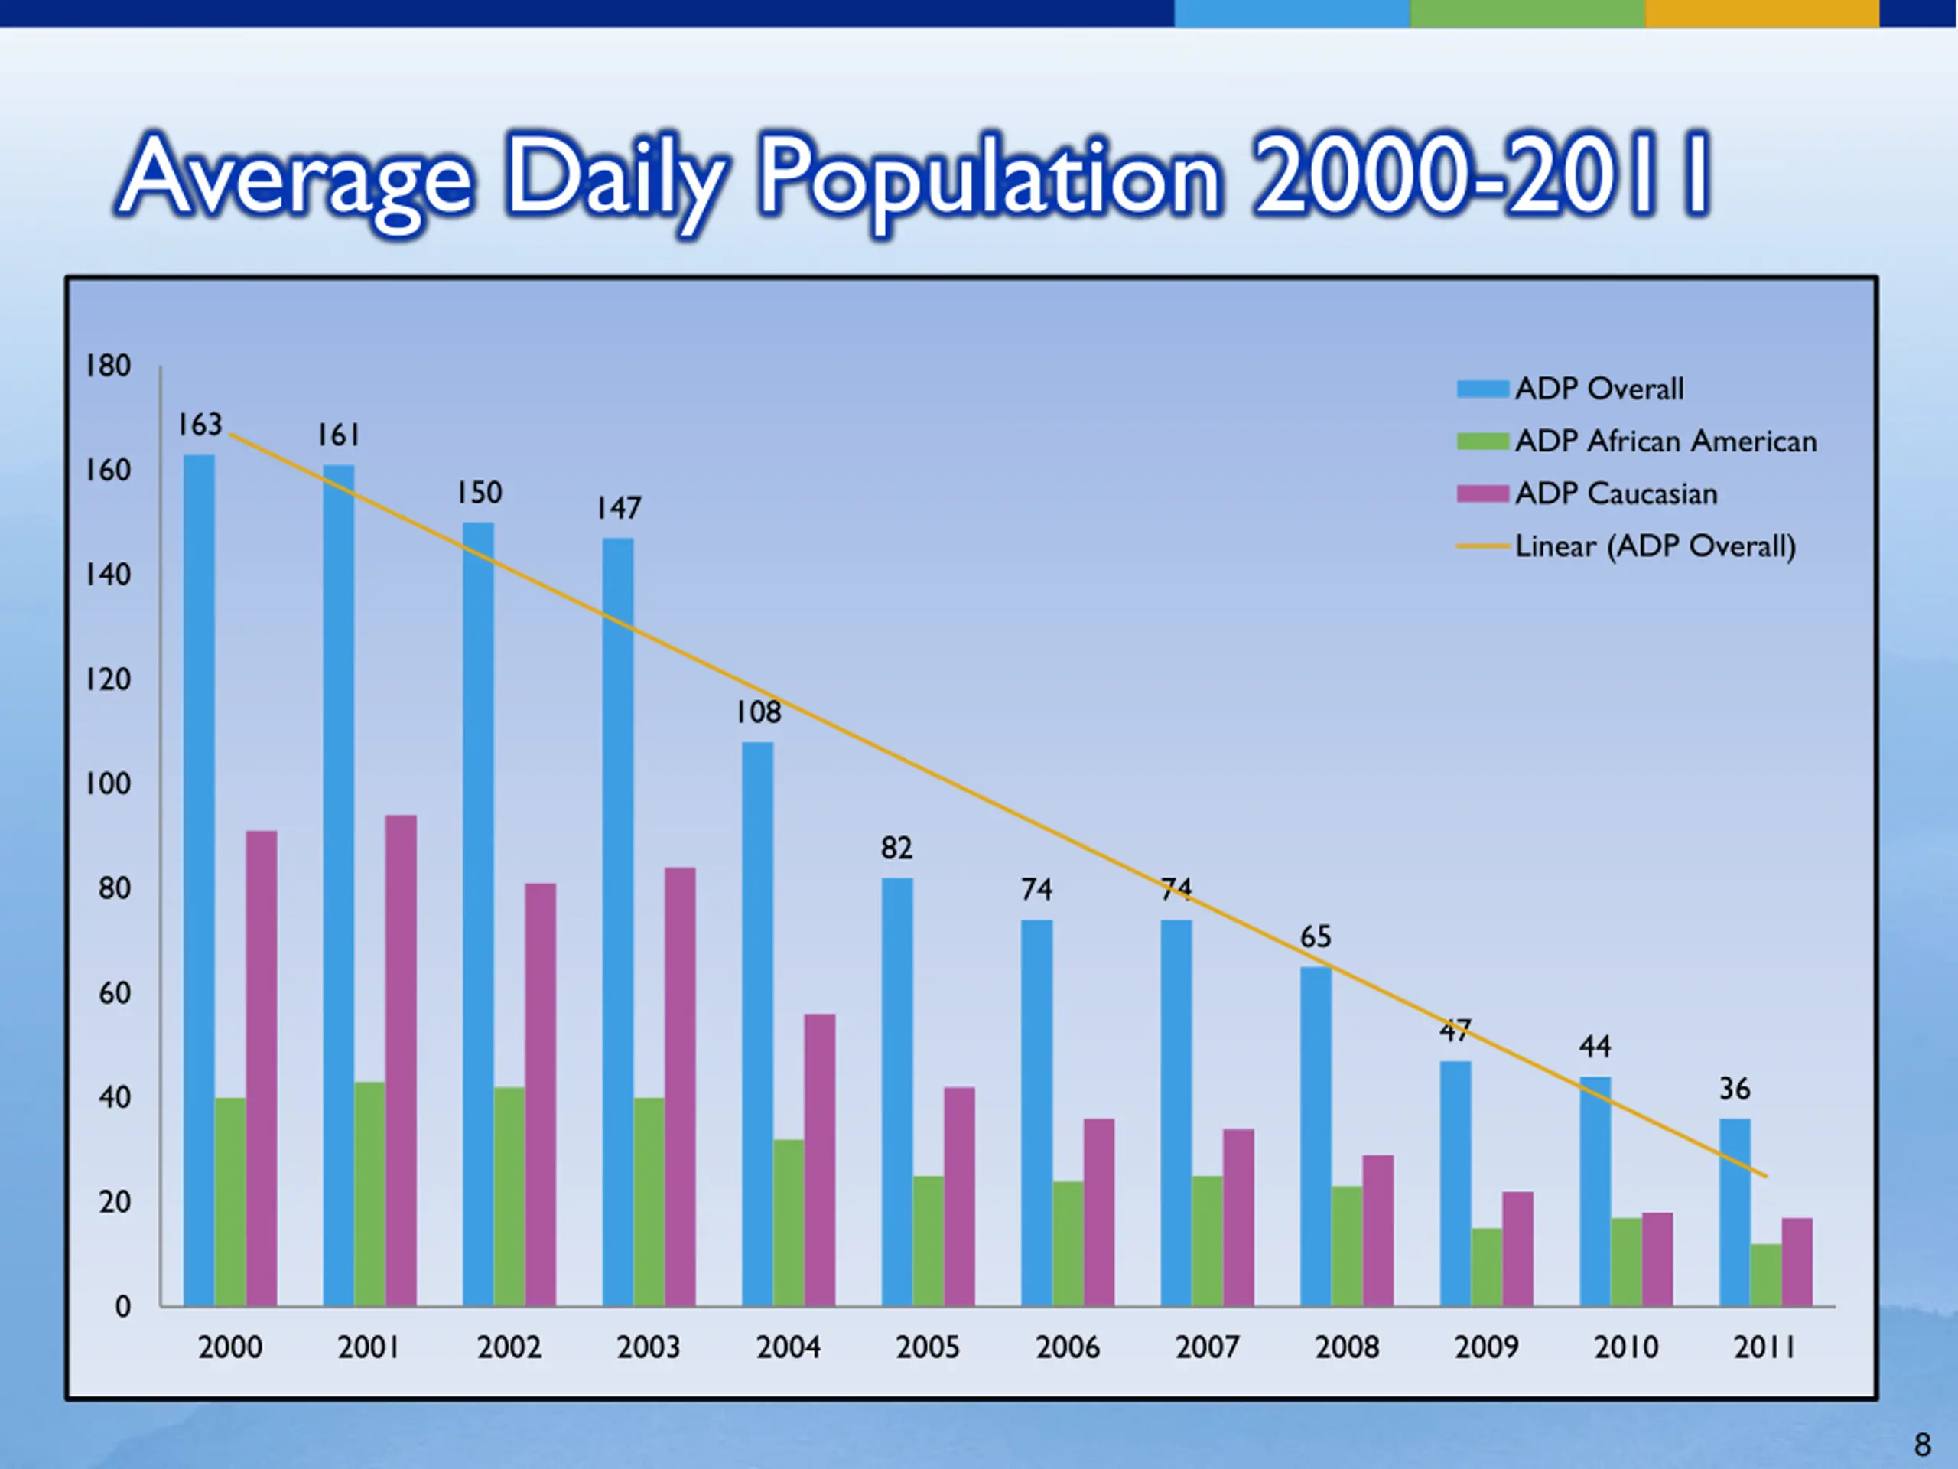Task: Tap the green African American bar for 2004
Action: (788, 1222)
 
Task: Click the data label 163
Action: (199, 425)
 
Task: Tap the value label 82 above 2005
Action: (896, 849)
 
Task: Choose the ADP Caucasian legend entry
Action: (1615, 493)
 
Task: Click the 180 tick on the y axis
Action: (108, 366)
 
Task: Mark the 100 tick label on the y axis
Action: (108, 783)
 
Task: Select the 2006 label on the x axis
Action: (1068, 1347)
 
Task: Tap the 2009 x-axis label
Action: (1486, 1347)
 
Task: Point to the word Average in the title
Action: (297, 177)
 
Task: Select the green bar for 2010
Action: (1626, 1261)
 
